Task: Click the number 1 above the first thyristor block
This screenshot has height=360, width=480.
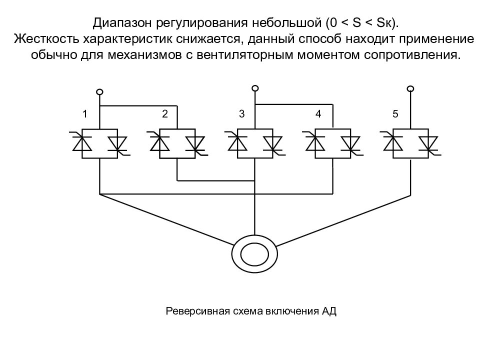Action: (85, 114)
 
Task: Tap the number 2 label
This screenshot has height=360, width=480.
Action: (165, 114)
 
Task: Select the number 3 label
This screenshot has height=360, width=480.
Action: (242, 114)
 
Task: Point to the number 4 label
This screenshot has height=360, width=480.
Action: (318, 114)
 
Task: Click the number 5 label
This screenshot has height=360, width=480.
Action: (395, 114)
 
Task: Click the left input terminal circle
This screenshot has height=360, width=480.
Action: (99, 92)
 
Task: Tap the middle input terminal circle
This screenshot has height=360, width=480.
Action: (255, 88)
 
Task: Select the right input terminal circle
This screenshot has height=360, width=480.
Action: (410, 89)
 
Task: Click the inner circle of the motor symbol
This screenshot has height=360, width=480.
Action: (254, 254)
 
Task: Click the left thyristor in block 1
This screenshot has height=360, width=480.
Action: (81, 142)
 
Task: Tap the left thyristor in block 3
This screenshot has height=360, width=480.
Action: (237, 142)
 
